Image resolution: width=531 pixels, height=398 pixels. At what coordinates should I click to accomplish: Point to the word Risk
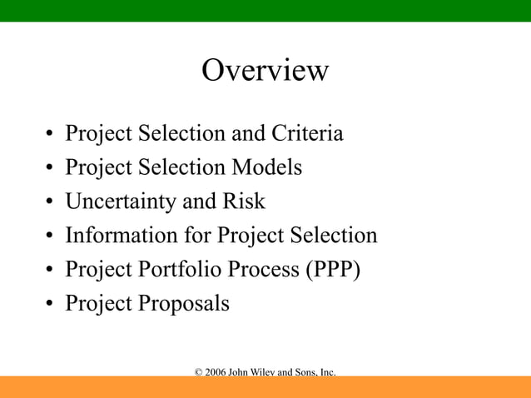coord(244,201)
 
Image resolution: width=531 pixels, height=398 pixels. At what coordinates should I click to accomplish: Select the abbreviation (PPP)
coord(331,270)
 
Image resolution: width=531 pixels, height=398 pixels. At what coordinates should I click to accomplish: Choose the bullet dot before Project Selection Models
coord(51,169)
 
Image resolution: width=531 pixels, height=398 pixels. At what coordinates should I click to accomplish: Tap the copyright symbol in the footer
coord(198,371)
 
